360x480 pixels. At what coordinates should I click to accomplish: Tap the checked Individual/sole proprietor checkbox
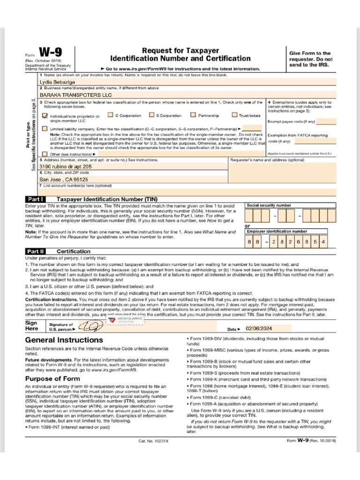click(x=45, y=115)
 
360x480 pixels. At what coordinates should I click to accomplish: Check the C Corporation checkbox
click(x=110, y=115)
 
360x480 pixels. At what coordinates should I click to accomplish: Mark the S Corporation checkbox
click(x=151, y=115)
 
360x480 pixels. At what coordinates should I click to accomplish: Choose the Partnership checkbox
click(x=193, y=115)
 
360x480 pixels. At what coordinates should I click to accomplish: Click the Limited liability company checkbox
click(x=45, y=128)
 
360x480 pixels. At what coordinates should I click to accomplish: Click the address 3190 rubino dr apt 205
click(x=65, y=166)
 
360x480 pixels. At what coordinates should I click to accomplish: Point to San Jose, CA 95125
click(x=63, y=179)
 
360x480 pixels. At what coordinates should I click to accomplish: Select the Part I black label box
click(x=35, y=199)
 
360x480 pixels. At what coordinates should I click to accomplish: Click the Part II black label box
click(x=35, y=251)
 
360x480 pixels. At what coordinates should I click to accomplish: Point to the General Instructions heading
click(x=64, y=340)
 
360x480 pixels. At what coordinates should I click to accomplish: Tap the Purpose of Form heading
click(x=52, y=378)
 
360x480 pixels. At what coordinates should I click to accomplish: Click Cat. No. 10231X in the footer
click(x=154, y=441)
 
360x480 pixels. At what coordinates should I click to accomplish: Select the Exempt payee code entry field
click(x=326, y=121)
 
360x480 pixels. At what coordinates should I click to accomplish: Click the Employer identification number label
click(x=277, y=231)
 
